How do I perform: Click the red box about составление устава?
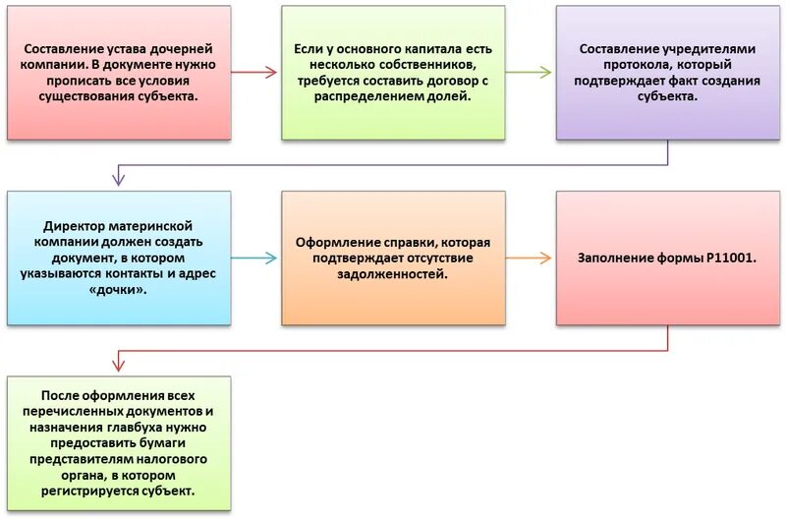[119, 73]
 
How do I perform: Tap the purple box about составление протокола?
[668, 73]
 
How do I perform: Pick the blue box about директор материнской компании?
[119, 259]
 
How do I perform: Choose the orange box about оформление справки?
[393, 259]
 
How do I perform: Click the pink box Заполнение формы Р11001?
[668, 259]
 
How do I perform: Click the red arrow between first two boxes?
[256, 73]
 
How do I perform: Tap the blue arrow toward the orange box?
[256, 259]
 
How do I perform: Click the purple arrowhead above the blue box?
[118, 179]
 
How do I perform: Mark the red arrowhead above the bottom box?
[118, 365]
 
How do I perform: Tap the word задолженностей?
[393, 275]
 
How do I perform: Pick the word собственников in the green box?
[421, 65]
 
